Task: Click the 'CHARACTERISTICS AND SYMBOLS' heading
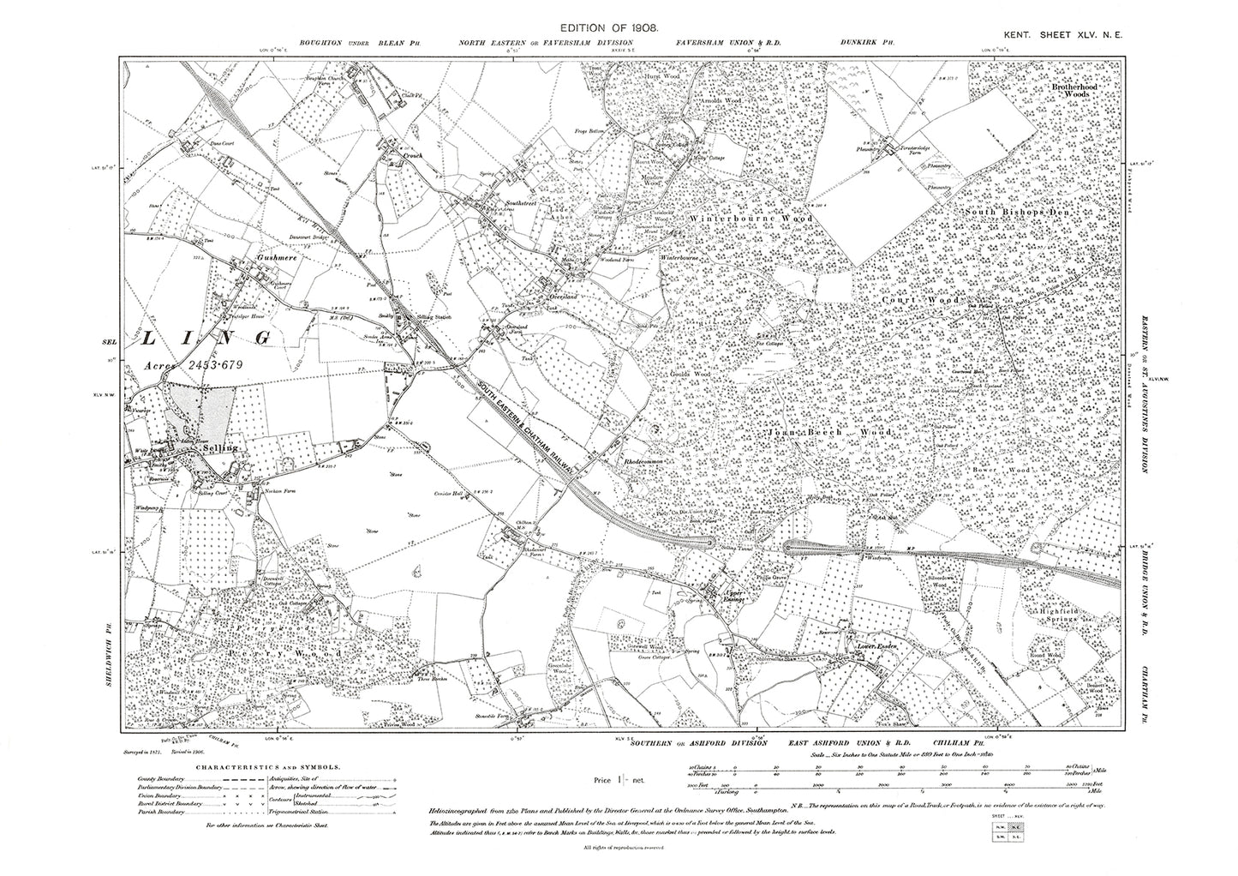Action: click(x=269, y=769)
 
